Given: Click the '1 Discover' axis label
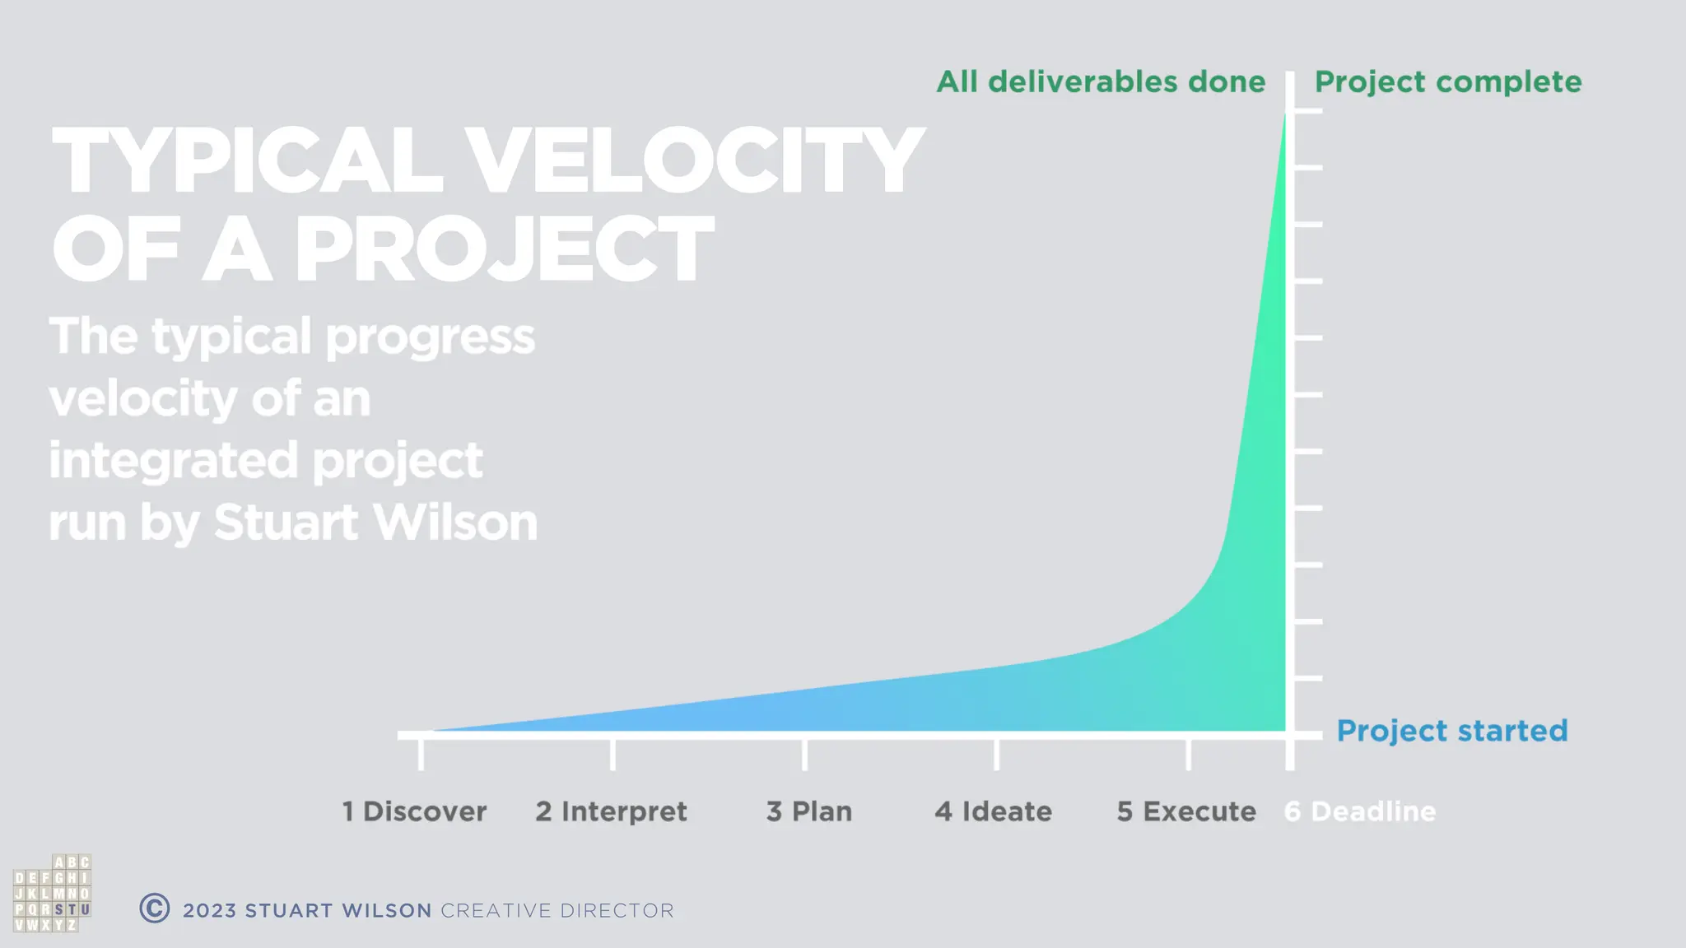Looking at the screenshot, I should [414, 811].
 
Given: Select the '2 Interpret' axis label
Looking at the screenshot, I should [611, 811].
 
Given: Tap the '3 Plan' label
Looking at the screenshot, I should [809, 811].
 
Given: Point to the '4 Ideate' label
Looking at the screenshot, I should [993, 811].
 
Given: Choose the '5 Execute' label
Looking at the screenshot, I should [1186, 811].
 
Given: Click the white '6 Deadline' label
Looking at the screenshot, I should [1360, 811].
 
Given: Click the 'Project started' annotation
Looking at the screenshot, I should [1452, 731].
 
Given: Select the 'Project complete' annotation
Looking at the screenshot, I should [1448, 81].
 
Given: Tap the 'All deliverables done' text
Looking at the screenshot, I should [1101, 81].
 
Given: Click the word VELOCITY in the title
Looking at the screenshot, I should [696, 162].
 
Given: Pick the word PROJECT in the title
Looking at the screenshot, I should [503, 250].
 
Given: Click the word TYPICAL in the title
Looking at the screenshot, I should [247, 162].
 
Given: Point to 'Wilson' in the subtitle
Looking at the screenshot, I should [458, 523].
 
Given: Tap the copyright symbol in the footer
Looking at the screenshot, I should [155, 908].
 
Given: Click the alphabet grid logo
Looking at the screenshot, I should [52, 894].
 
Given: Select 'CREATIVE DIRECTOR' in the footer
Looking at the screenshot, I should [557, 911].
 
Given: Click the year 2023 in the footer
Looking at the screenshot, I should [209, 911].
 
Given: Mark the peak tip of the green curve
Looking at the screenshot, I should [1284, 115].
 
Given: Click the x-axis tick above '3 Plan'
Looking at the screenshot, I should [804, 754].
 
